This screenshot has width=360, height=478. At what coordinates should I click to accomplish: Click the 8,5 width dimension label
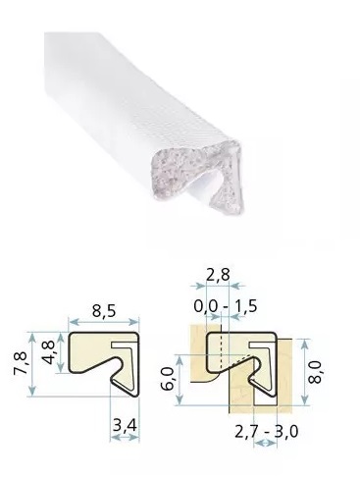click(104, 311)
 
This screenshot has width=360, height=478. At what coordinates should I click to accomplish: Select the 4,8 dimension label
click(49, 352)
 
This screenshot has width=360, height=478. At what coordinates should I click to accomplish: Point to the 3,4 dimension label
click(125, 426)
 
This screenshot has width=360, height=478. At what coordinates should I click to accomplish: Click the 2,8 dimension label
click(218, 275)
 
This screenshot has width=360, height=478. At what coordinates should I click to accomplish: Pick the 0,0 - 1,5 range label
click(226, 306)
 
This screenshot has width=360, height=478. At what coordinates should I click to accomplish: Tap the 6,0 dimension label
click(168, 379)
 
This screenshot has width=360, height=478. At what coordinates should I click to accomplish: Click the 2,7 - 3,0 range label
click(267, 432)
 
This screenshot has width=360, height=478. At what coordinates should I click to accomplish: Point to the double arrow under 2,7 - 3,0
click(266, 444)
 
